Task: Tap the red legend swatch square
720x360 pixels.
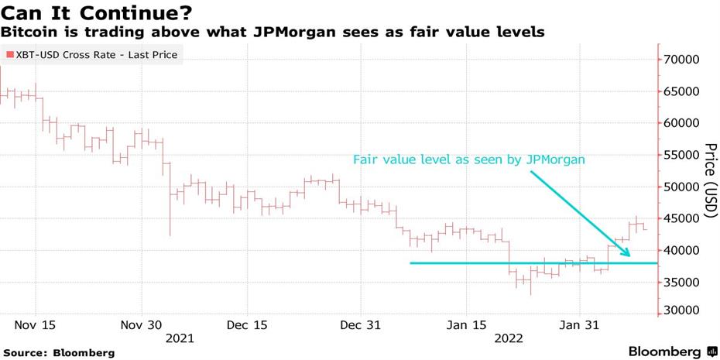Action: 9,55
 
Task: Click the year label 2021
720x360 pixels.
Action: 180,338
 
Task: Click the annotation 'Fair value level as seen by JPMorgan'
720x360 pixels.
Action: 468,159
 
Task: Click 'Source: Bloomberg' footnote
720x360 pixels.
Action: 59,352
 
